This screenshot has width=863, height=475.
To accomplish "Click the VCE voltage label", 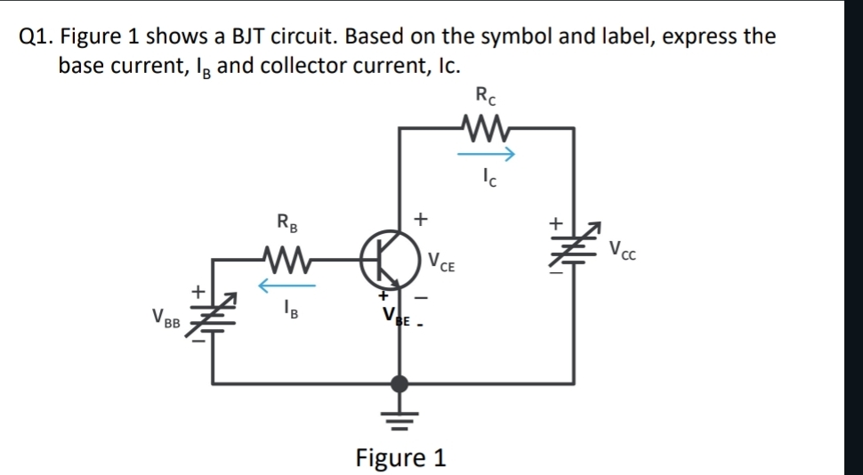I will click(x=442, y=262).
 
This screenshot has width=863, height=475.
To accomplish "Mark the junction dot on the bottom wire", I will click(x=400, y=383).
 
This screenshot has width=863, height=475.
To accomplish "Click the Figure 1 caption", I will click(x=400, y=458).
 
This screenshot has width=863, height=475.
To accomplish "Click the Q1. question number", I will click(x=36, y=36).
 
